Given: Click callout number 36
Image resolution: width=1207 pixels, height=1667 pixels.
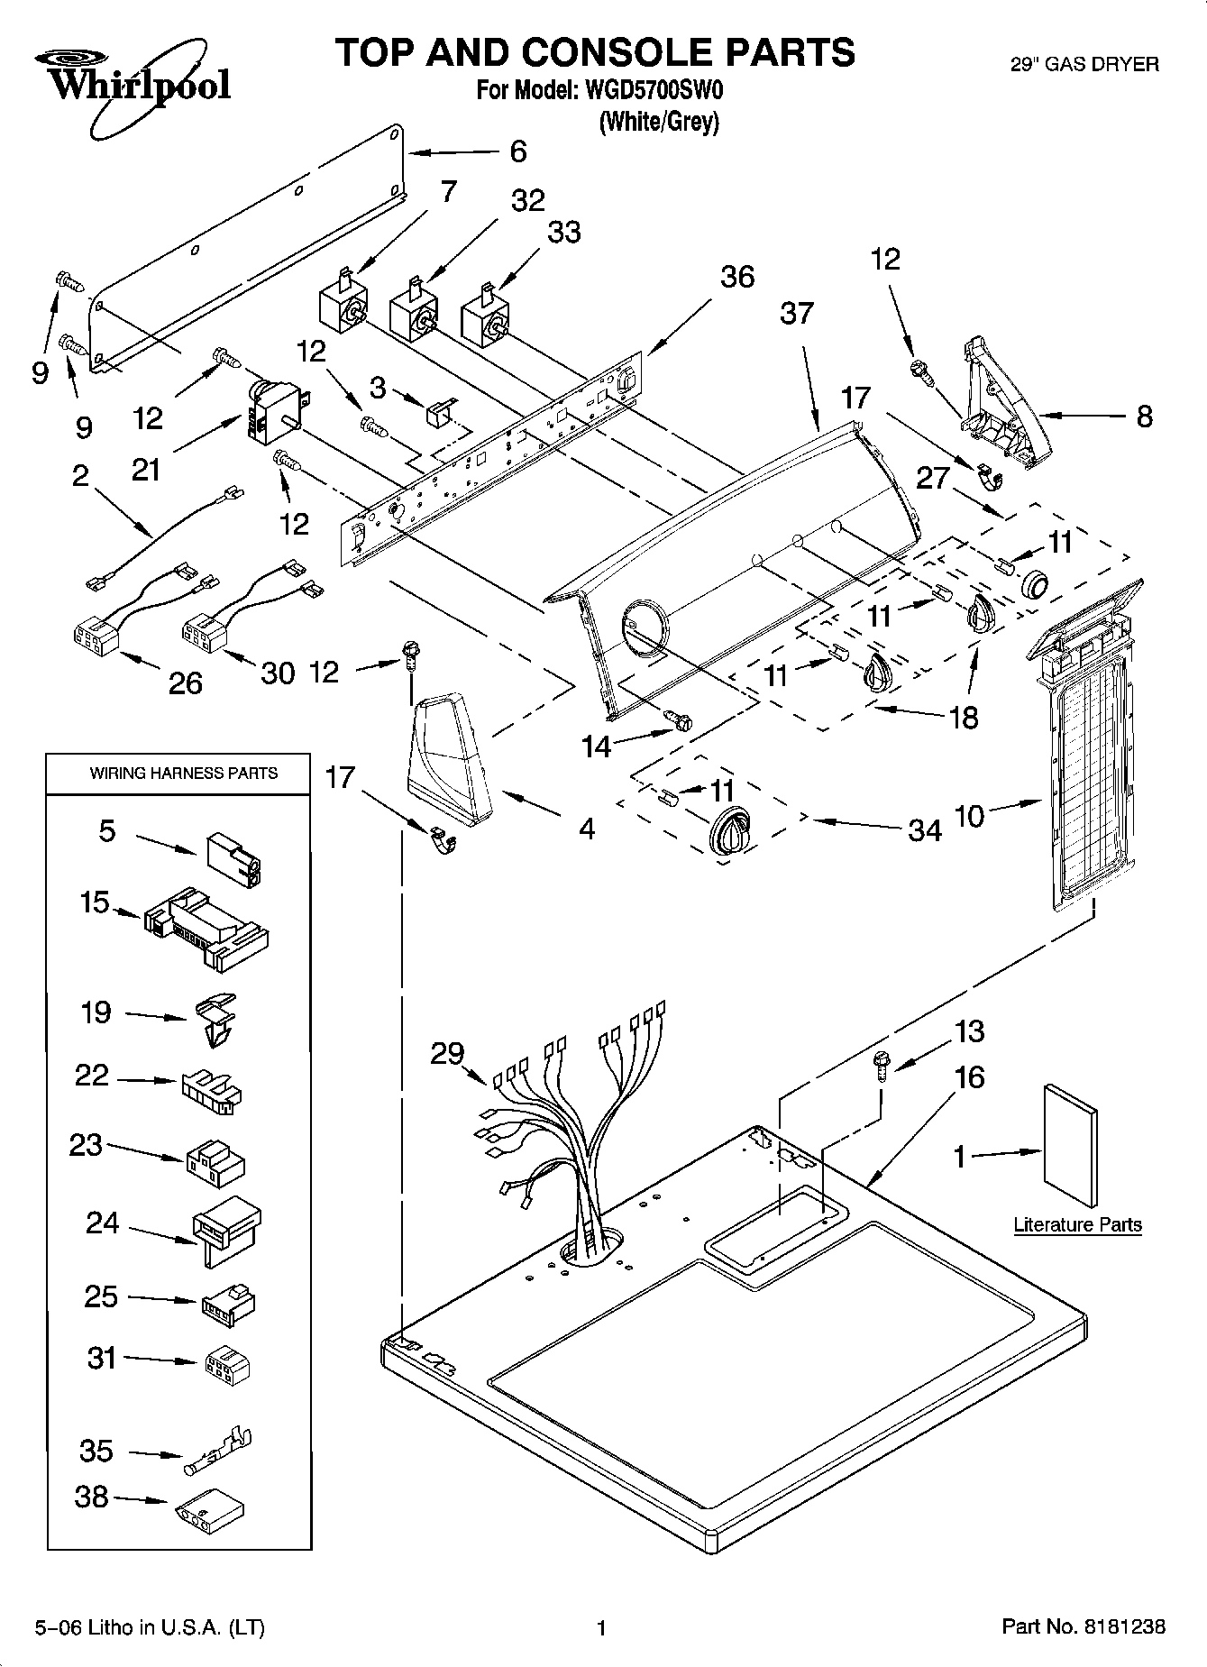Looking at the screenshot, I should [x=736, y=276].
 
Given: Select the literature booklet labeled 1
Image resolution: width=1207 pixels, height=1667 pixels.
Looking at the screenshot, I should [x=1070, y=1145].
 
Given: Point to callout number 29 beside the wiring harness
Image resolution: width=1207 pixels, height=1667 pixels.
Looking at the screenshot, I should [x=447, y=1053].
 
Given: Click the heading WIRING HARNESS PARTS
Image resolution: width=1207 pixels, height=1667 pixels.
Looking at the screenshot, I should [x=183, y=773].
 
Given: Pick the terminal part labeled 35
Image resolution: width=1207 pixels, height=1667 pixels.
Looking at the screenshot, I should [x=219, y=1452].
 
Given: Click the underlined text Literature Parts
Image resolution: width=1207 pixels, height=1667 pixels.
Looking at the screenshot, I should [x=1077, y=1224].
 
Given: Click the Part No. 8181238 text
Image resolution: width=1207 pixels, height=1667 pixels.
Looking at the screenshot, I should [x=1084, y=1626].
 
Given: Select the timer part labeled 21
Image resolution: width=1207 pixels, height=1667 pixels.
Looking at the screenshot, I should [x=273, y=411].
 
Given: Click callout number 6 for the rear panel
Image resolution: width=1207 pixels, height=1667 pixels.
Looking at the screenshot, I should [x=517, y=151].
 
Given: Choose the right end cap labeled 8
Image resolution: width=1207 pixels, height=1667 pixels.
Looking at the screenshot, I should [x=1001, y=406].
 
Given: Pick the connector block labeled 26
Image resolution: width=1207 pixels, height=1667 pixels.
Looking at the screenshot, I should [x=96, y=637].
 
